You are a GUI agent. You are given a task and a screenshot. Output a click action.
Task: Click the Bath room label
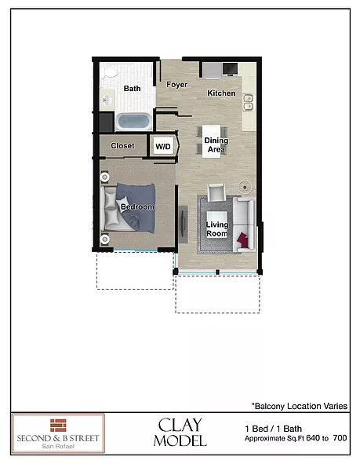tap(132, 89)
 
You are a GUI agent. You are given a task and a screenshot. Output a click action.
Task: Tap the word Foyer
tap(177, 85)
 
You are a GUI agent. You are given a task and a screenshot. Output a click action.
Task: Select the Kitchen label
tap(221, 93)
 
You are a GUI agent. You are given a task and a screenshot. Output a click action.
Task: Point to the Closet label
tap(122, 146)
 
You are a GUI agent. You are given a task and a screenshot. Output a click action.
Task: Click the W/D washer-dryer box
tap(163, 146)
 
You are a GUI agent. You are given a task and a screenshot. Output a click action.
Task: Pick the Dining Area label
tap(216, 144)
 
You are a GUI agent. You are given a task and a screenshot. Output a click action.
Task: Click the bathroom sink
tap(108, 100)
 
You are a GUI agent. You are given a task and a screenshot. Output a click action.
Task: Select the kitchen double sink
tap(247, 102)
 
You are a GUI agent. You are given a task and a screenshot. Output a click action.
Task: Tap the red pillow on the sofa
tap(246, 239)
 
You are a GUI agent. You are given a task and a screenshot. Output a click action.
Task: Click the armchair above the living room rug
tap(216, 191)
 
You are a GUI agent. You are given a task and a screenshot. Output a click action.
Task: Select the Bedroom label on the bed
tap(136, 206)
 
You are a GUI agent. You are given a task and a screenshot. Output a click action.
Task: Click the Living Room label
tap(217, 229)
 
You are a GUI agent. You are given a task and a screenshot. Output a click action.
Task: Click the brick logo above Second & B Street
tap(58, 424)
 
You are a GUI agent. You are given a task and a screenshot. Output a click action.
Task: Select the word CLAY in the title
tap(182, 425)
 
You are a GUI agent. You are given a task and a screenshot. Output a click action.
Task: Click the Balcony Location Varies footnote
tap(300, 406)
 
